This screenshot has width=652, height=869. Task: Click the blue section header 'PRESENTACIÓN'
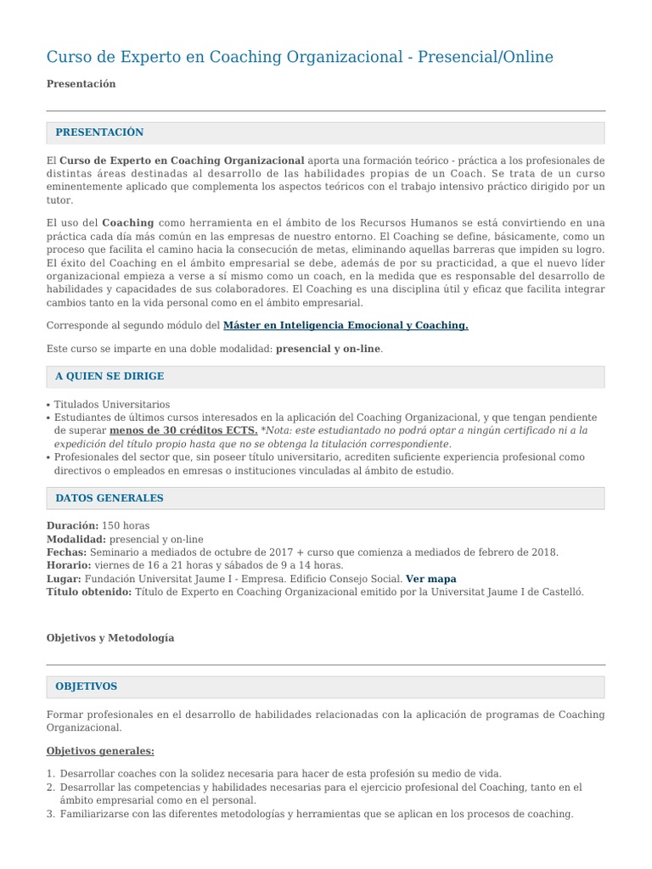[99, 132]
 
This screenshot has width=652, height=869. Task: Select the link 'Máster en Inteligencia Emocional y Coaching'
[345, 325]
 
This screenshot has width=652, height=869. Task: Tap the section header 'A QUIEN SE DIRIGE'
[110, 376]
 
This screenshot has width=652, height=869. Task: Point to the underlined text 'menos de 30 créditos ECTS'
[183, 430]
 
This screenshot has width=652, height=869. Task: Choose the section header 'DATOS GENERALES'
[110, 498]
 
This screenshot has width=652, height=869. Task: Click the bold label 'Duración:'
[72, 526]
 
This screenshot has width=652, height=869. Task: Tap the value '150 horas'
[126, 526]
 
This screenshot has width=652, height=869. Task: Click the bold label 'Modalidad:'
[76, 539]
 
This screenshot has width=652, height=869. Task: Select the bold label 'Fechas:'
[66, 552]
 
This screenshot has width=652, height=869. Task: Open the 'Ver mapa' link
[430, 579]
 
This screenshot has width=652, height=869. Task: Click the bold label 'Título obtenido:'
[89, 591]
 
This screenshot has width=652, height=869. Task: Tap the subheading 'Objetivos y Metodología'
[110, 637]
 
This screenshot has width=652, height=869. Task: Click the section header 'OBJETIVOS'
[86, 686]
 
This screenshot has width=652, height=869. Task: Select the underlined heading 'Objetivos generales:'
[100, 751]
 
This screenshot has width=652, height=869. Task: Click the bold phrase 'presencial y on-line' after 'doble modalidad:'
[329, 349]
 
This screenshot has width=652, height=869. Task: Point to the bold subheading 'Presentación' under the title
[81, 84]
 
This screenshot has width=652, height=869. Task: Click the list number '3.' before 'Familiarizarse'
[51, 814]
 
